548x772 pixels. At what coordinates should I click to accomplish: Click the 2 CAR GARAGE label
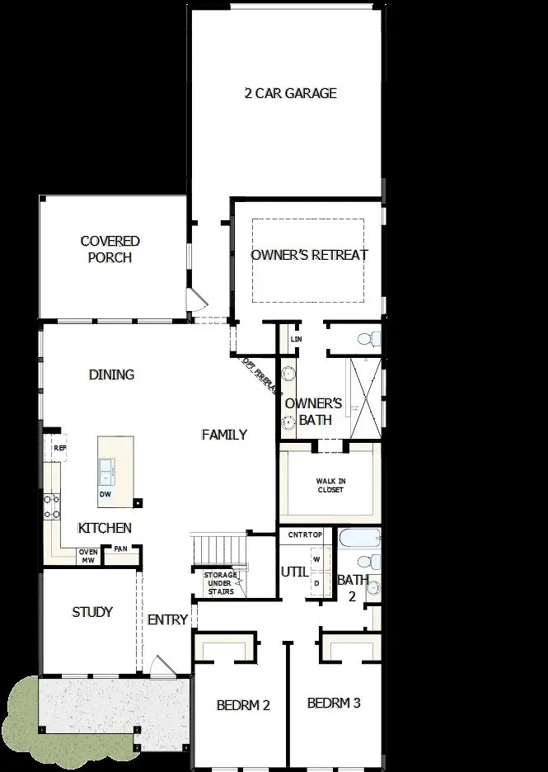click(290, 93)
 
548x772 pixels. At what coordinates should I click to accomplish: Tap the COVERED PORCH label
click(110, 249)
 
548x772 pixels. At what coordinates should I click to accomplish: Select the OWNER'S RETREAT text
click(309, 255)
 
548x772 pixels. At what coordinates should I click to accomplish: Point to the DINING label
click(111, 374)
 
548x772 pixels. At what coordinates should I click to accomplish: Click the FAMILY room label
click(224, 435)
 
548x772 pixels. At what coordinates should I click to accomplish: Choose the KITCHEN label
click(105, 528)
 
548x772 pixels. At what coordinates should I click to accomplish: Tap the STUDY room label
click(92, 612)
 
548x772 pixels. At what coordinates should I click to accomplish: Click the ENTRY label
click(168, 620)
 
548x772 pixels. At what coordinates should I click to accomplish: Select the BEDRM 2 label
click(244, 705)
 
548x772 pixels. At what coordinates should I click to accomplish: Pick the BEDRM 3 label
click(334, 704)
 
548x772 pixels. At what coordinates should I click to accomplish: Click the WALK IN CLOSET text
click(330, 485)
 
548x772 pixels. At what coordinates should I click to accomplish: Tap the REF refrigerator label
click(59, 448)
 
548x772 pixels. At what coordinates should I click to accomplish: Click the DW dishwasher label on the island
click(105, 494)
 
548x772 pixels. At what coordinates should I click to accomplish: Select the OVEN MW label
click(87, 557)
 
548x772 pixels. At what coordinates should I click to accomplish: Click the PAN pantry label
click(120, 548)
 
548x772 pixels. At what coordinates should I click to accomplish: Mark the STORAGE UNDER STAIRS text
click(221, 583)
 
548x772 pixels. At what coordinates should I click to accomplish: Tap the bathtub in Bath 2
click(359, 540)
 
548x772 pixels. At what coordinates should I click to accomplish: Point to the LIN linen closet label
click(296, 339)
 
